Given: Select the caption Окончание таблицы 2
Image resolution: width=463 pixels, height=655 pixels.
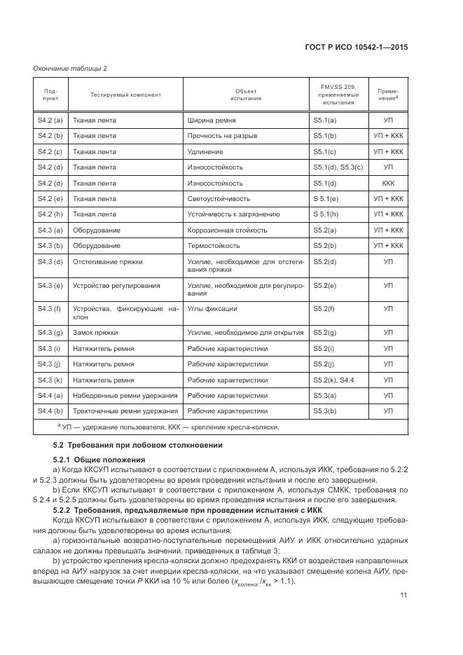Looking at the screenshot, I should point(70,68).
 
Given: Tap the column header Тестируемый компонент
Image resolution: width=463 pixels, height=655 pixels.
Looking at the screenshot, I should point(125,95).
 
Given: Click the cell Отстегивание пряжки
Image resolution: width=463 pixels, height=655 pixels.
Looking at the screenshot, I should point(108,261).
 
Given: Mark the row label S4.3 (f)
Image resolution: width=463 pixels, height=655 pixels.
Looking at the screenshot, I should point(50,308).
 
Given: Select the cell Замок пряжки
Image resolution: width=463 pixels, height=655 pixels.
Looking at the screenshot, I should point(95,332).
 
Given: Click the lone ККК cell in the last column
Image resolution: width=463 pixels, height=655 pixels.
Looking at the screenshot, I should point(388,183).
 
